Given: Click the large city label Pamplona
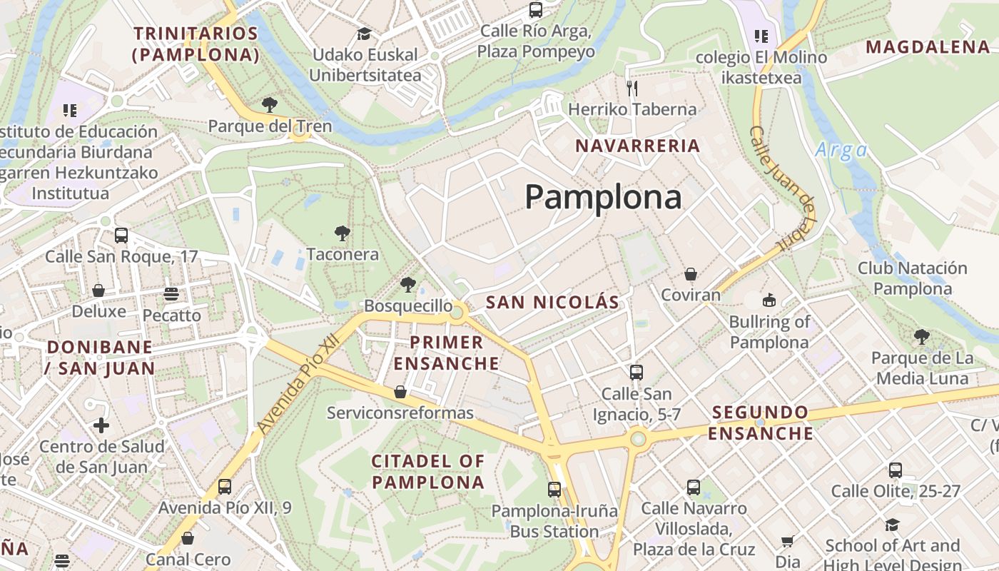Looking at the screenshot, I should [603, 197].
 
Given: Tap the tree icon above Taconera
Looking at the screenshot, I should [343, 233].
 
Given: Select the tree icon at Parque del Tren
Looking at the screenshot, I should [270, 106].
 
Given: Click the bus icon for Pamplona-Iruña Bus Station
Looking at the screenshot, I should [554, 490].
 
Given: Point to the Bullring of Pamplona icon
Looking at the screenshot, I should [769, 300].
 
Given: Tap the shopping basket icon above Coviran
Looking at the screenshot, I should [690, 274].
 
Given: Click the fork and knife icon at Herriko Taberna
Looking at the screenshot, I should [632, 88].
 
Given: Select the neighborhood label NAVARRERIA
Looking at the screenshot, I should [638, 146].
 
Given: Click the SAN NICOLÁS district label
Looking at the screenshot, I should [552, 302].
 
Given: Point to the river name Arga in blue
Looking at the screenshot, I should [841, 150].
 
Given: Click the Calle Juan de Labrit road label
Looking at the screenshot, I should [783, 188].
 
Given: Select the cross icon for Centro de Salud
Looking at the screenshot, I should [101, 425].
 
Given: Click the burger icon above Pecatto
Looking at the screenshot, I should [171, 294].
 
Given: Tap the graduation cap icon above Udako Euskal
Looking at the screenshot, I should [364, 34].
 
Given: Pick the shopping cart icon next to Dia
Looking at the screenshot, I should [788, 542].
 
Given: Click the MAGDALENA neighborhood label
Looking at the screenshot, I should [928, 47].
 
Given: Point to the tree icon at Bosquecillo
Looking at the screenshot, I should [407, 285].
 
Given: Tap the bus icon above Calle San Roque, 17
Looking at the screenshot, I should [121, 235].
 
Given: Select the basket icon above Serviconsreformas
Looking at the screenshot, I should [400, 392].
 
